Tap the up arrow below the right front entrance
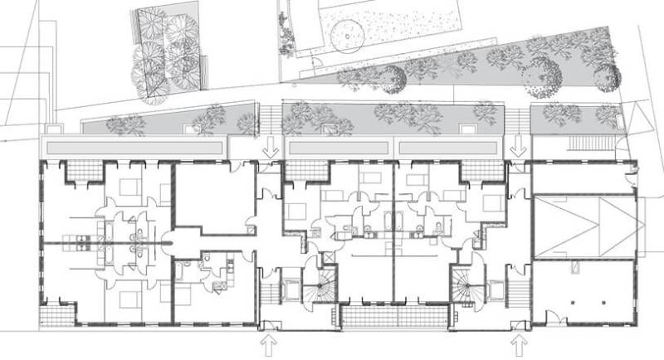point(520,343)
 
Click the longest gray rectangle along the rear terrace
point(134,147)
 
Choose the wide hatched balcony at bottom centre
point(393,316)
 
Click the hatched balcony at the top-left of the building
point(84,173)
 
